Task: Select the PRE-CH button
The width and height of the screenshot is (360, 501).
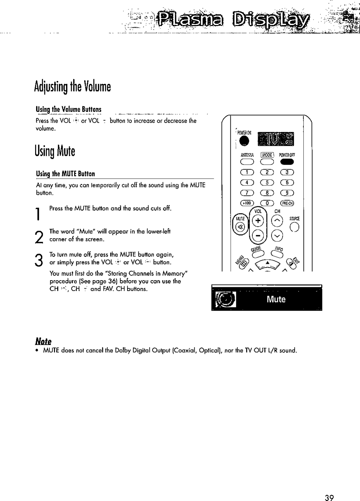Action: point(287,204)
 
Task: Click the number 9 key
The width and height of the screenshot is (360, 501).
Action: point(287,193)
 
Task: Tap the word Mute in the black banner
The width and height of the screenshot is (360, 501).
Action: point(276,299)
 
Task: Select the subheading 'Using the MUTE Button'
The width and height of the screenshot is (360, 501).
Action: point(66,174)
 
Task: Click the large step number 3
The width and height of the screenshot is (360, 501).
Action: point(39,259)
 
